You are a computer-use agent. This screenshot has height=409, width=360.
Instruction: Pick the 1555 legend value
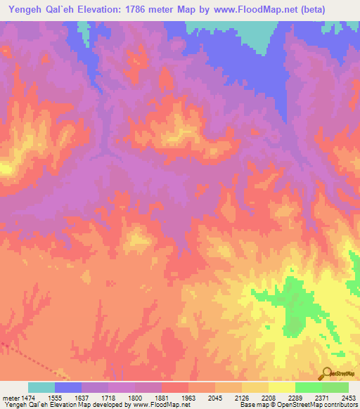(x=54, y=398)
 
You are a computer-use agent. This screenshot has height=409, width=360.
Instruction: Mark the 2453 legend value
(x=349, y=398)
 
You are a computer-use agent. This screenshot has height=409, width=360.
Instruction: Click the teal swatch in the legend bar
(x=41, y=387)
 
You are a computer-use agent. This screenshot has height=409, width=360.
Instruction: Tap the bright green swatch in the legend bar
(x=309, y=387)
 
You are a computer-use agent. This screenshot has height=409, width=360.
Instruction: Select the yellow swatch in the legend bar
(x=282, y=387)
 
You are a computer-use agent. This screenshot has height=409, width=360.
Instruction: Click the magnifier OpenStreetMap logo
(x=327, y=372)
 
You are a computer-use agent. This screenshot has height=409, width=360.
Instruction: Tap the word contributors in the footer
(x=340, y=405)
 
